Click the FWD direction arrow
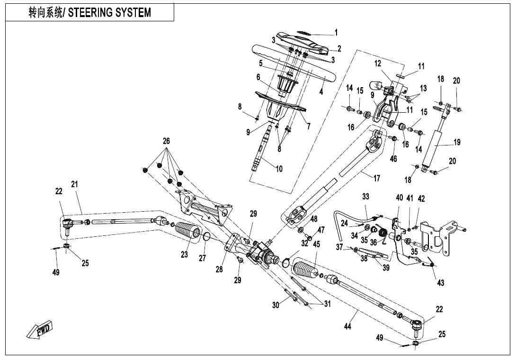point(40,329)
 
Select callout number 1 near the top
point(336,33)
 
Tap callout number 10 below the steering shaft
point(279,169)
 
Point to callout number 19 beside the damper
point(456,142)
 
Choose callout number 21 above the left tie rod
point(74,184)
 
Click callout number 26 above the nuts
point(166,141)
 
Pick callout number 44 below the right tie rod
point(348,327)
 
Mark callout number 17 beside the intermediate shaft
point(377,179)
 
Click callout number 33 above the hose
point(365,197)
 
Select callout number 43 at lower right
point(441,283)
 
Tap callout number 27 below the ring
point(203,258)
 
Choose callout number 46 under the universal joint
point(393,159)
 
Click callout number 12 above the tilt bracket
point(377,63)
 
